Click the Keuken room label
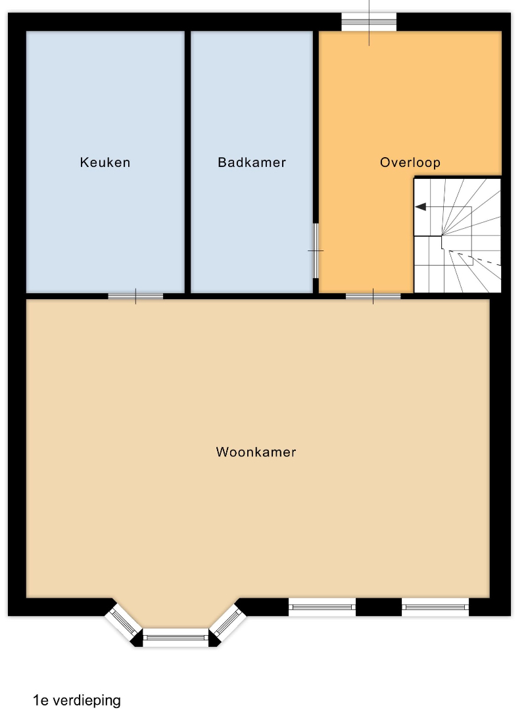[105, 162]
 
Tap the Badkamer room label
[252, 162]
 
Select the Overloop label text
[410, 162]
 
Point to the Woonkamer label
[256, 452]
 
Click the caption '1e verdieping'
[77, 700]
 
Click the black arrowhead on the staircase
[421, 207]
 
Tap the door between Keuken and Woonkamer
[135, 296]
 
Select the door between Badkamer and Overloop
[316, 250]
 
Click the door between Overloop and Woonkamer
[373, 296]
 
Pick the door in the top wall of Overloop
[369, 22]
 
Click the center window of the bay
[176, 638]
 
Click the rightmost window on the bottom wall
[435, 607]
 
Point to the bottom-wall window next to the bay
[322, 607]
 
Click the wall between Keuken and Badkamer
[187, 162]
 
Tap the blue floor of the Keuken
[105, 226]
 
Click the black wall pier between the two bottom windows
[379, 607]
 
